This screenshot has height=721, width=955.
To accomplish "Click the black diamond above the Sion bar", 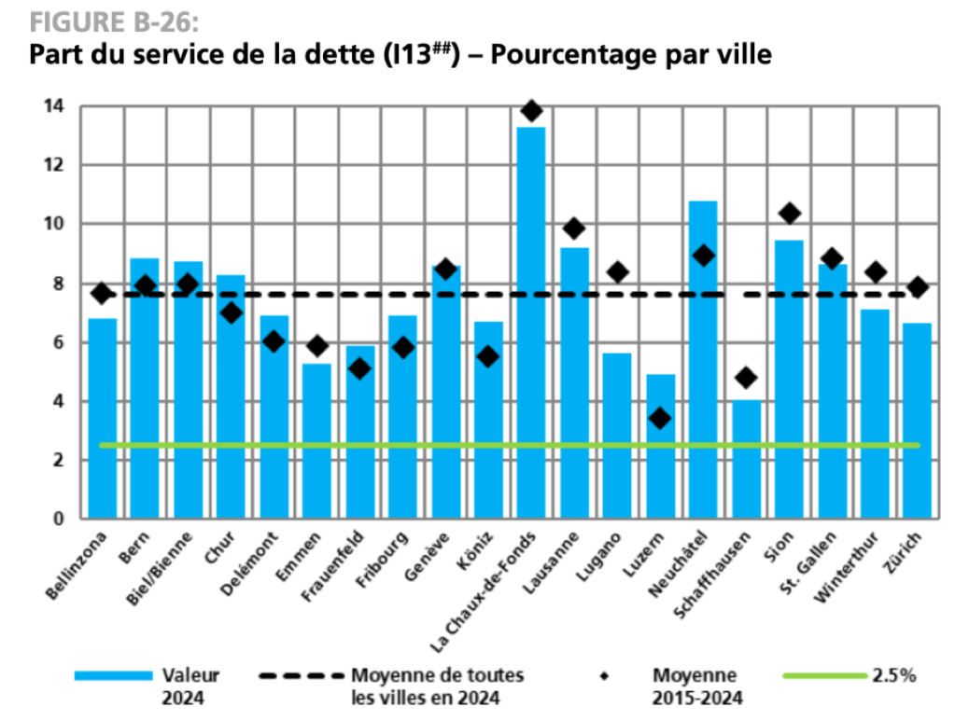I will tap(790, 214).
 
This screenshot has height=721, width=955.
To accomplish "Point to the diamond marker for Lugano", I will tap(617, 271).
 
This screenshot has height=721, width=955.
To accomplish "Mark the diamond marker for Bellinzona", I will tap(102, 293).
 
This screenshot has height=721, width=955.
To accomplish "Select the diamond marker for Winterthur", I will tap(876, 271).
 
